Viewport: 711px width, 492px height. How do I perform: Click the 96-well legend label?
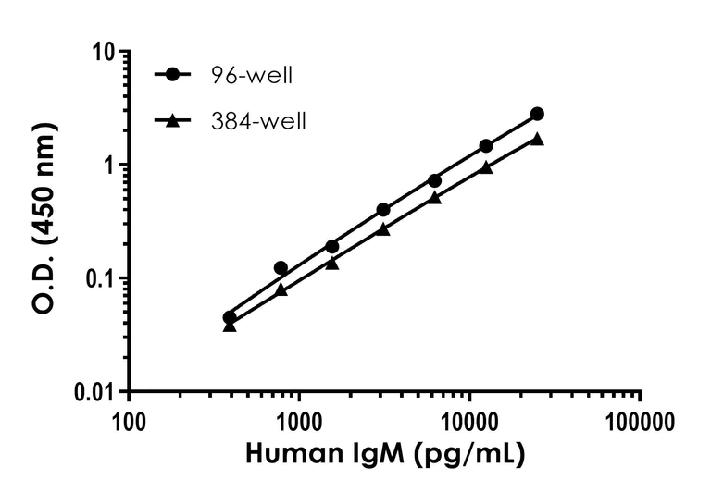[x=252, y=76]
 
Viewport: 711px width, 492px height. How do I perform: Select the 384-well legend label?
[x=258, y=120]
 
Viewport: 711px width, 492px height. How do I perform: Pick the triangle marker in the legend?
[x=173, y=119]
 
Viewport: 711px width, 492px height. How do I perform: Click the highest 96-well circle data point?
[x=537, y=114]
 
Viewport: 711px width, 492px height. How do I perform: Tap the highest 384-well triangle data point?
[x=537, y=139]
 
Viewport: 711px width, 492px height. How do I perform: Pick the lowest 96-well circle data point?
[x=230, y=317]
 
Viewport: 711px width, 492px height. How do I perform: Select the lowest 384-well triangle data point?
[x=230, y=326]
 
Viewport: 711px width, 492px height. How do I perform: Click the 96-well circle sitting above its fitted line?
[x=281, y=268]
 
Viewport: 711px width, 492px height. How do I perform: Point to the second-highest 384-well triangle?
[x=486, y=167]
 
